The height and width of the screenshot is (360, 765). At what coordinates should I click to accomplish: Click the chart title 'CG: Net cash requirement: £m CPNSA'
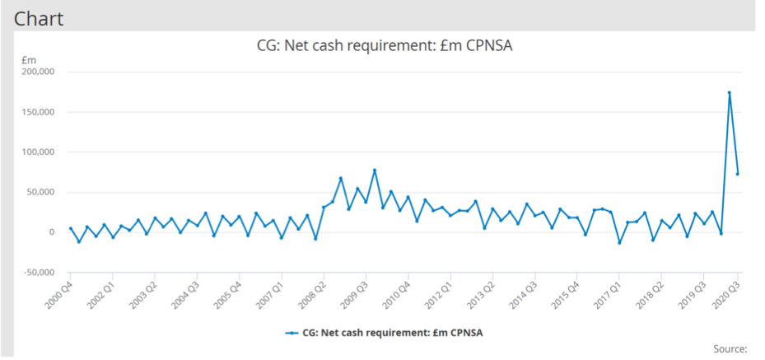pyautogui.click(x=385, y=45)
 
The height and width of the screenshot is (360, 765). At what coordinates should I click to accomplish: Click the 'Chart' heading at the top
pyautogui.click(x=39, y=17)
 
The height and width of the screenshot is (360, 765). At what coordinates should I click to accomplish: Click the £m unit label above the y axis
pyautogui.click(x=28, y=59)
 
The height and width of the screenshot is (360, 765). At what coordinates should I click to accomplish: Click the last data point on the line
pyautogui.click(x=738, y=173)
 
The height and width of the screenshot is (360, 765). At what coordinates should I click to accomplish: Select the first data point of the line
pyautogui.click(x=70, y=228)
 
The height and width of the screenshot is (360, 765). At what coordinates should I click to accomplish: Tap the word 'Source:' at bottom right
pyautogui.click(x=730, y=348)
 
